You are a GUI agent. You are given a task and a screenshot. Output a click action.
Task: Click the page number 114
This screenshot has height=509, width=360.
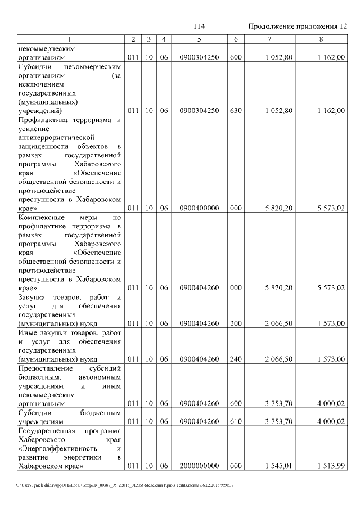199,26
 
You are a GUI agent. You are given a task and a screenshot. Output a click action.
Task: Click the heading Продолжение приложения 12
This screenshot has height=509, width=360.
298,26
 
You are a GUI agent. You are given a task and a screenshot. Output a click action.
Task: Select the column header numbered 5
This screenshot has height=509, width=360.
199,39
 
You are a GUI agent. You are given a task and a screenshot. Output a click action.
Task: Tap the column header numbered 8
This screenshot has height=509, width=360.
321,39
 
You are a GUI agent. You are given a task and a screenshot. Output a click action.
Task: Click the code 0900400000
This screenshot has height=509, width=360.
199,208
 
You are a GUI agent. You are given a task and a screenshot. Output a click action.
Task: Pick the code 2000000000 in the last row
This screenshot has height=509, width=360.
199,466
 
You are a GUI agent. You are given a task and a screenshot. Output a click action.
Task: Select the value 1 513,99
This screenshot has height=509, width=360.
331,466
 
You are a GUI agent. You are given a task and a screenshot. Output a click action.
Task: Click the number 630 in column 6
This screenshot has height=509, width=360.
236,111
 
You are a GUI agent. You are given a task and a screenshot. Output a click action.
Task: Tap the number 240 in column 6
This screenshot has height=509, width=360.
236,359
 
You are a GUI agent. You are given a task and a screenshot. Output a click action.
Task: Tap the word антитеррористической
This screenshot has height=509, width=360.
55,137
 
